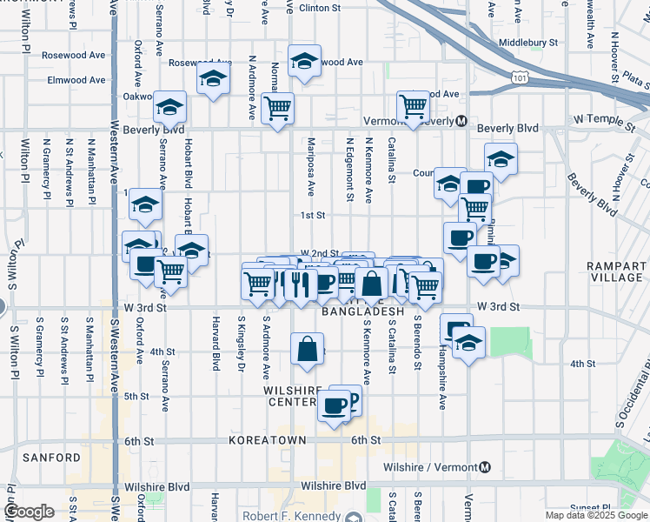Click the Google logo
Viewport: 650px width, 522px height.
[29, 512]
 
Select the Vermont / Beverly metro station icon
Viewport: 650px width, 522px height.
[462, 121]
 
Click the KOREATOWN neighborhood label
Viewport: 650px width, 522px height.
[267, 441]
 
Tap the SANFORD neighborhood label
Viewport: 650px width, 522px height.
[52, 457]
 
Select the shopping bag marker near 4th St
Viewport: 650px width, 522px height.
[308, 350]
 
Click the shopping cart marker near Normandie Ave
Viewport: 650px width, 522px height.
[277, 109]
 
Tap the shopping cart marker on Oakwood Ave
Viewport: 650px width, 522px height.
[414, 106]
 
